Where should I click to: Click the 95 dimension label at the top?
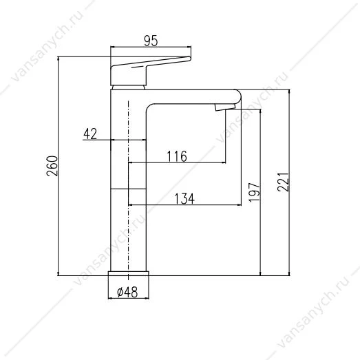[x=151, y=41]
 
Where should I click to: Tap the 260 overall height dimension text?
[x=52, y=166]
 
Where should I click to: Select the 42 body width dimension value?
[x=90, y=134]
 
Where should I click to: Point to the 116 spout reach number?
[x=177, y=156]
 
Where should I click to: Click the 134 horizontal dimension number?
[x=184, y=199]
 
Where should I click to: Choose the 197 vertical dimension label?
[x=255, y=193]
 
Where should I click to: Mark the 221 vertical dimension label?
[x=283, y=182]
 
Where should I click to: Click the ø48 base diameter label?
[x=127, y=293]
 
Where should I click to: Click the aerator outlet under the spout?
[x=225, y=107]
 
